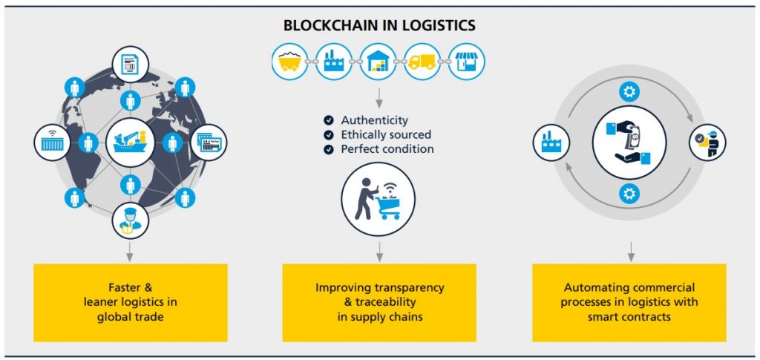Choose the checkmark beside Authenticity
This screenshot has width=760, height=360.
(329, 120)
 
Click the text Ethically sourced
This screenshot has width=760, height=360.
(386, 134)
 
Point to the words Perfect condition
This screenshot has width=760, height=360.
(387, 149)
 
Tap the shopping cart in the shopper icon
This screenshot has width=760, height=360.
(387, 207)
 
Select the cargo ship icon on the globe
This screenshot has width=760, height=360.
(130, 143)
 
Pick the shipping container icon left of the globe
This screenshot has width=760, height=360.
(53, 143)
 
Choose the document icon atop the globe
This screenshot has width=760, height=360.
(130, 65)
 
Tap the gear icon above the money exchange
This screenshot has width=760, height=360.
(629, 91)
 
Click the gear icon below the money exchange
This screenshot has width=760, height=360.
(629, 194)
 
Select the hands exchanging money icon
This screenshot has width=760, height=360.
(629, 143)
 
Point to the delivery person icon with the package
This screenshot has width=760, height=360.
(707, 143)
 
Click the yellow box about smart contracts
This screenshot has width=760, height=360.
(629, 302)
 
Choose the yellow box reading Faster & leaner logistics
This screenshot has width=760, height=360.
(131, 302)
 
